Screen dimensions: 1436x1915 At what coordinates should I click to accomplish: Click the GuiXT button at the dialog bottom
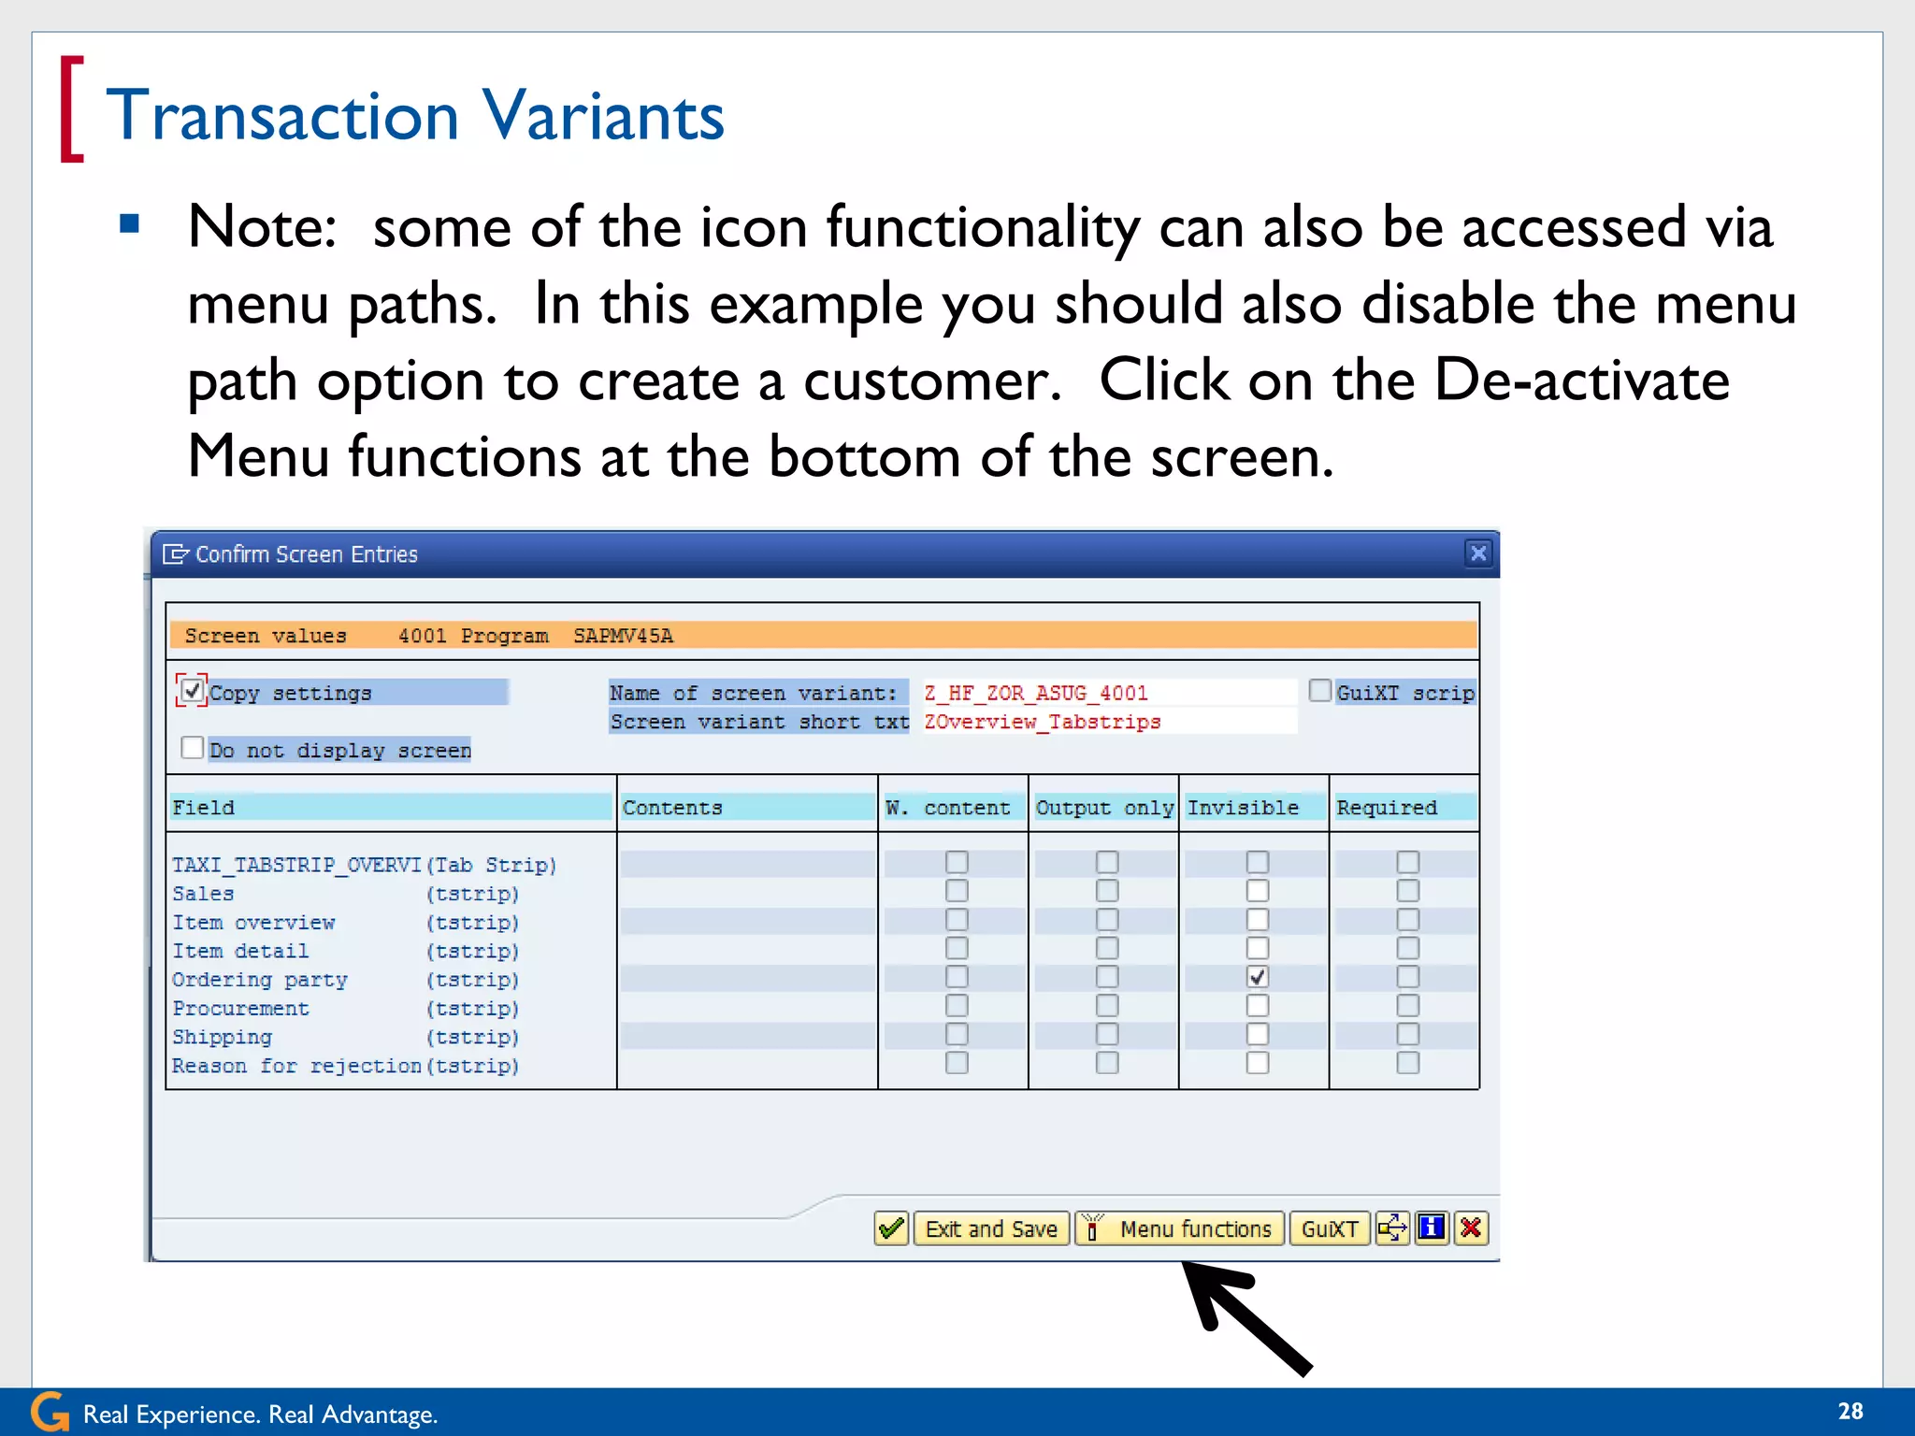tap(1329, 1228)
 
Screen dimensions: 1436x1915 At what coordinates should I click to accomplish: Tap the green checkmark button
tap(891, 1228)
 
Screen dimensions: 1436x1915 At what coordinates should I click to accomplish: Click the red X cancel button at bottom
tap(1471, 1228)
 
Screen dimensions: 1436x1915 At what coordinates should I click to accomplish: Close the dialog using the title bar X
tap(1477, 553)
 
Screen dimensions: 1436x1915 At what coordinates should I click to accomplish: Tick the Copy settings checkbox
tap(192, 691)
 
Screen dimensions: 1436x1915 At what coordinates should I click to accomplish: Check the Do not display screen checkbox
tap(192, 748)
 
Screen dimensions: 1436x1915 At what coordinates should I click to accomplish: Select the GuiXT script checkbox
tap(1319, 691)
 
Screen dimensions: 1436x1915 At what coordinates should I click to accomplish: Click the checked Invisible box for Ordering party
tap(1258, 977)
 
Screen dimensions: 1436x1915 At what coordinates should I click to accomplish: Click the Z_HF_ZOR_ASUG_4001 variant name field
tap(1108, 693)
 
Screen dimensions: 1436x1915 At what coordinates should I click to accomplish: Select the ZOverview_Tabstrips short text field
tap(1108, 722)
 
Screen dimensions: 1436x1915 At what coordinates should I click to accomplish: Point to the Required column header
tap(1387, 808)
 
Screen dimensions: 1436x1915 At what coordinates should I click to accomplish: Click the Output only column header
tap(1103, 808)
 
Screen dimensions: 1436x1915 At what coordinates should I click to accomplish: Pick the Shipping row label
tap(223, 1037)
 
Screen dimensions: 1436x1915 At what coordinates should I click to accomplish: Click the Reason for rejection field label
tap(295, 1066)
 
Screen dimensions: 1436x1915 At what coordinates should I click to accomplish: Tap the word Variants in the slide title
tap(603, 116)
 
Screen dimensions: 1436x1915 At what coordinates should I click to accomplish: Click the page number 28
tap(1850, 1411)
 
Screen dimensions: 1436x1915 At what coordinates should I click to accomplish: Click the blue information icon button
tap(1431, 1228)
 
